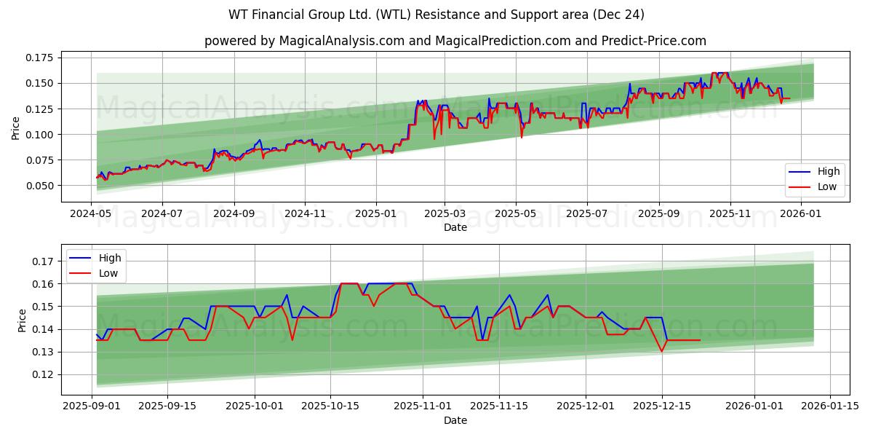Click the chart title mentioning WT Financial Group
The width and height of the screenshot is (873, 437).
click(436, 15)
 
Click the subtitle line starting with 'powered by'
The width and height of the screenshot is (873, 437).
click(455, 41)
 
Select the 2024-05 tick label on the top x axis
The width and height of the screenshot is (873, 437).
click(92, 214)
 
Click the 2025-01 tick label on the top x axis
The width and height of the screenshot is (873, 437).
click(375, 214)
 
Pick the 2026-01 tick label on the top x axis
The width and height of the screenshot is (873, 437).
click(801, 214)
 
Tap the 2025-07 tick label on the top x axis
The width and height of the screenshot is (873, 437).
click(586, 214)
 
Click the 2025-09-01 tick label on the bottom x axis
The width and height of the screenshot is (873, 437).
click(92, 406)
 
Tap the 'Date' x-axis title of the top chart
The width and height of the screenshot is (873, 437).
click(455, 227)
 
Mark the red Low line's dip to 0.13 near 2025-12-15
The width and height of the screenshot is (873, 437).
click(661, 352)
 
